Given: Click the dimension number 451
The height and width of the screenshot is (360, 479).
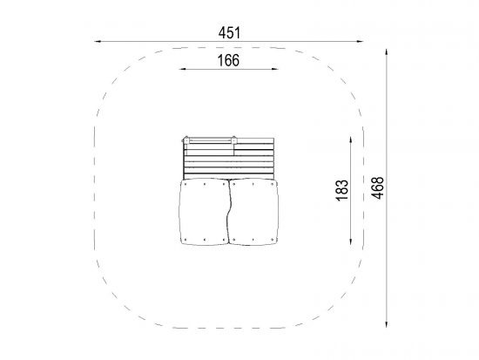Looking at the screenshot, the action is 229,33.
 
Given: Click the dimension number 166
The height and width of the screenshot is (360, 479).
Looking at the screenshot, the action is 228,60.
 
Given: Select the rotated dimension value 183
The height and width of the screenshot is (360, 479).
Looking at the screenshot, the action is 342,190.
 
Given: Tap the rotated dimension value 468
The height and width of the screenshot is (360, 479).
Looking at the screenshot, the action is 378,188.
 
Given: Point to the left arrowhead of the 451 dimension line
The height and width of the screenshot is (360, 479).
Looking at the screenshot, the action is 98,41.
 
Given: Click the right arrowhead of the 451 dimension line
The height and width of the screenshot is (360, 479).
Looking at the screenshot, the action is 360,41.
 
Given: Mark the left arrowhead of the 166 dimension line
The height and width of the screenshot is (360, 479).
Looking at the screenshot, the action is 182,69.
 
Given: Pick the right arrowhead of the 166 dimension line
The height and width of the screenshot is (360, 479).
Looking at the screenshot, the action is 274,69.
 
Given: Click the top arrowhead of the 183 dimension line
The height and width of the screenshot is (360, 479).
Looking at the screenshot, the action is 350,140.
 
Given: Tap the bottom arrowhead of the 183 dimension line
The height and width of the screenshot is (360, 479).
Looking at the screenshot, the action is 350,241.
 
